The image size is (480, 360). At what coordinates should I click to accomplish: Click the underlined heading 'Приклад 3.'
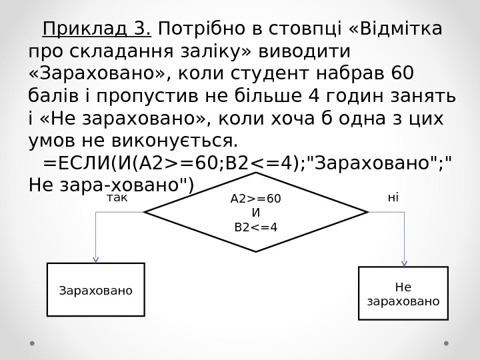pyautogui.click(x=97, y=30)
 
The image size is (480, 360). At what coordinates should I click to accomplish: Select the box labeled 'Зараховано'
pyautogui.click(x=95, y=290)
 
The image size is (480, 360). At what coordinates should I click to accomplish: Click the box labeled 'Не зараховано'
pyautogui.click(x=403, y=294)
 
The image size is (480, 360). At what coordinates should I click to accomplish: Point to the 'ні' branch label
pyautogui.click(x=393, y=198)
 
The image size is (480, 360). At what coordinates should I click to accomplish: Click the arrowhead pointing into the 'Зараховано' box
pyautogui.click(x=96, y=259)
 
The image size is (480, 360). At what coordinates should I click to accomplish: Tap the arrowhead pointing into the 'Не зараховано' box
pyautogui.click(x=404, y=263)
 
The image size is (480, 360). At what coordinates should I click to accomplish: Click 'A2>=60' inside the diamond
pyautogui.click(x=255, y=199)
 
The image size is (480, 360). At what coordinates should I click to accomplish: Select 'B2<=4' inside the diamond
pyautogui.click(x=255, y=227)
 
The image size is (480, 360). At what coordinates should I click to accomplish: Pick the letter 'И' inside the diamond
pyautogui.click(x=255, y=213)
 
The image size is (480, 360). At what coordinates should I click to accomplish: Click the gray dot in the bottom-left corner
pyautogui.click(x=33, y=345)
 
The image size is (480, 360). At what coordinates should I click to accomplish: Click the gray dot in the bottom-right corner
pyautogui.click(x=447, y=345)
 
